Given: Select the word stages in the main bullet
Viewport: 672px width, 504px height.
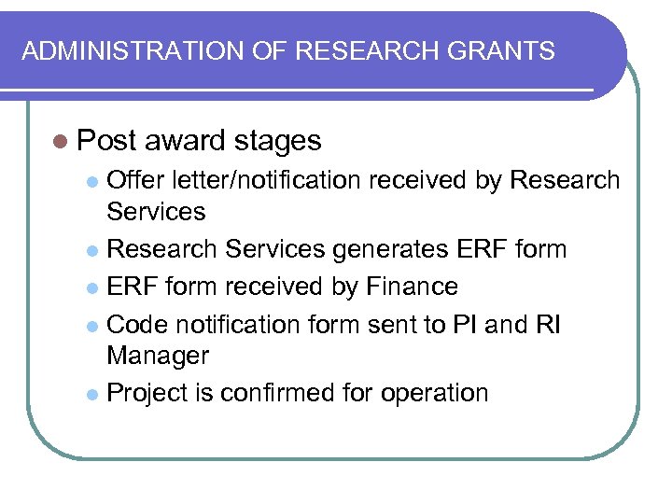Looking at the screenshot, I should (x=278, y=141).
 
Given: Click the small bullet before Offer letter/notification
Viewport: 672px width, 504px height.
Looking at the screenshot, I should (x=91, y=180).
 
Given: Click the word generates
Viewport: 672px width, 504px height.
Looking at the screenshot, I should (x=385, y=250).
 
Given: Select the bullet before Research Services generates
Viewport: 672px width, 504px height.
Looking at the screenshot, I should (x=91, y=251).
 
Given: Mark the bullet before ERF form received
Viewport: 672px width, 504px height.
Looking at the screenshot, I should (x=91, y=287).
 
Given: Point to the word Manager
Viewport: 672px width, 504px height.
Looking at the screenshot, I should (x=158, y=355).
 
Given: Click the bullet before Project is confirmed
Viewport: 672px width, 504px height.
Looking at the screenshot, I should (x=91, y=393).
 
